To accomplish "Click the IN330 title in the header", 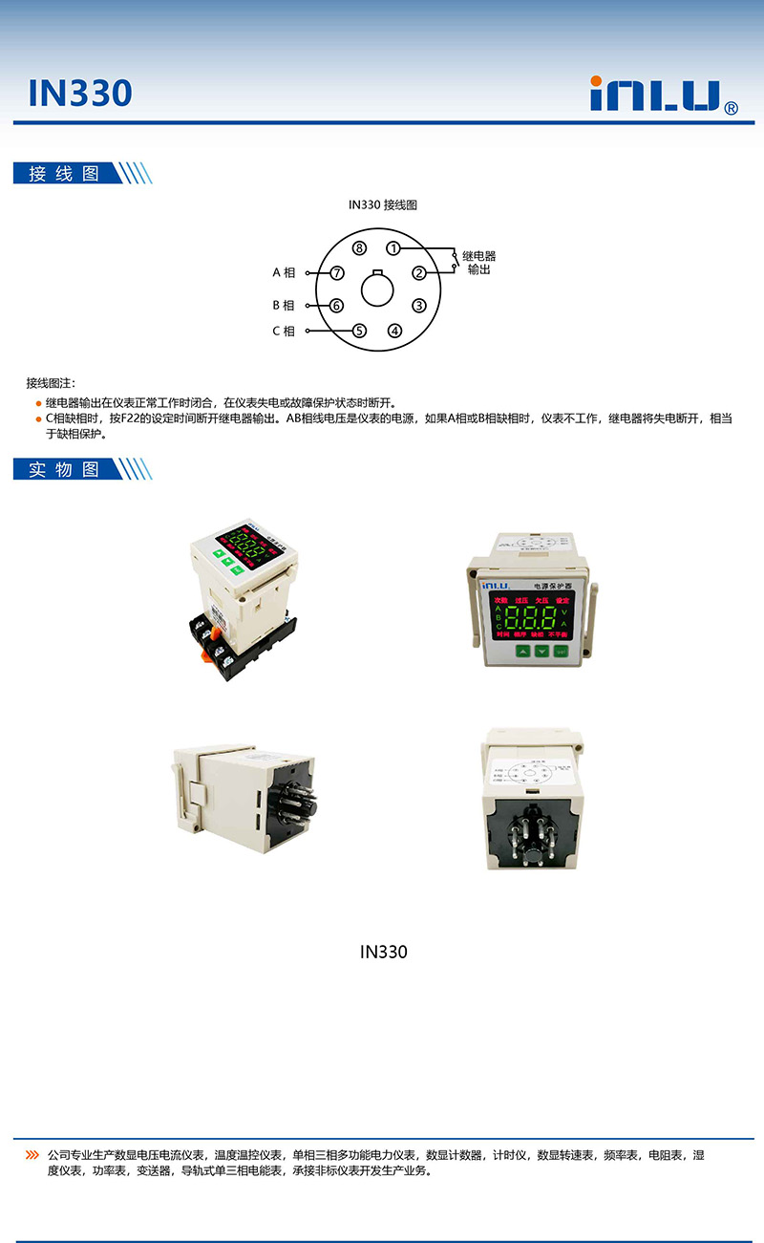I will click(79, 93).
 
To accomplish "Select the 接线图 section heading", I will click(64, 173).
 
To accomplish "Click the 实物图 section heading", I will click(64, 469).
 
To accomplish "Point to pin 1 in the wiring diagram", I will click(393, 248).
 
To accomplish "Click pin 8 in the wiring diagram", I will click(359, 248).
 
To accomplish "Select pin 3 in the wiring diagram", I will click(418, 306).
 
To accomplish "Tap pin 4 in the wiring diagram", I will click(394, 332).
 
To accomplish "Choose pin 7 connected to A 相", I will click(336, 273).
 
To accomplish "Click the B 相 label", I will click(283, 306).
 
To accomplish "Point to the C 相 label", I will click(283, 332).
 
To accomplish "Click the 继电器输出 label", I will click(479, 263).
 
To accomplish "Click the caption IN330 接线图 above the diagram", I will click(382, 204).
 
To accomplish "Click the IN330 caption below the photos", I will click(383, 952).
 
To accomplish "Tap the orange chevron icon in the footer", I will click(32, 1155).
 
